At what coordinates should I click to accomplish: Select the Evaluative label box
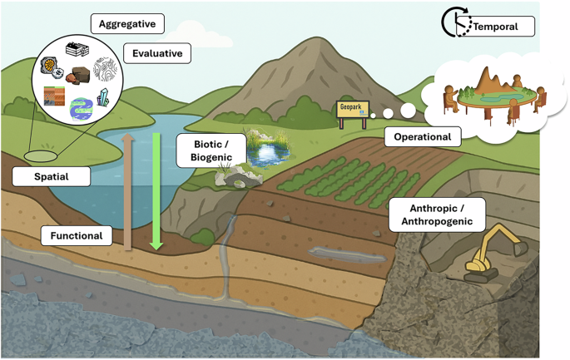(157, 54)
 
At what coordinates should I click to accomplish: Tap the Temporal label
(495, 27)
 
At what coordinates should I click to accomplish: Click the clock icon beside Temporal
(454, 23)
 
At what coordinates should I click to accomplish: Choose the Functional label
(76, 236)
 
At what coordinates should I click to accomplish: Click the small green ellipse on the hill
(38, 155)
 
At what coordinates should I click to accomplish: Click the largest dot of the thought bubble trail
(408, 109)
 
